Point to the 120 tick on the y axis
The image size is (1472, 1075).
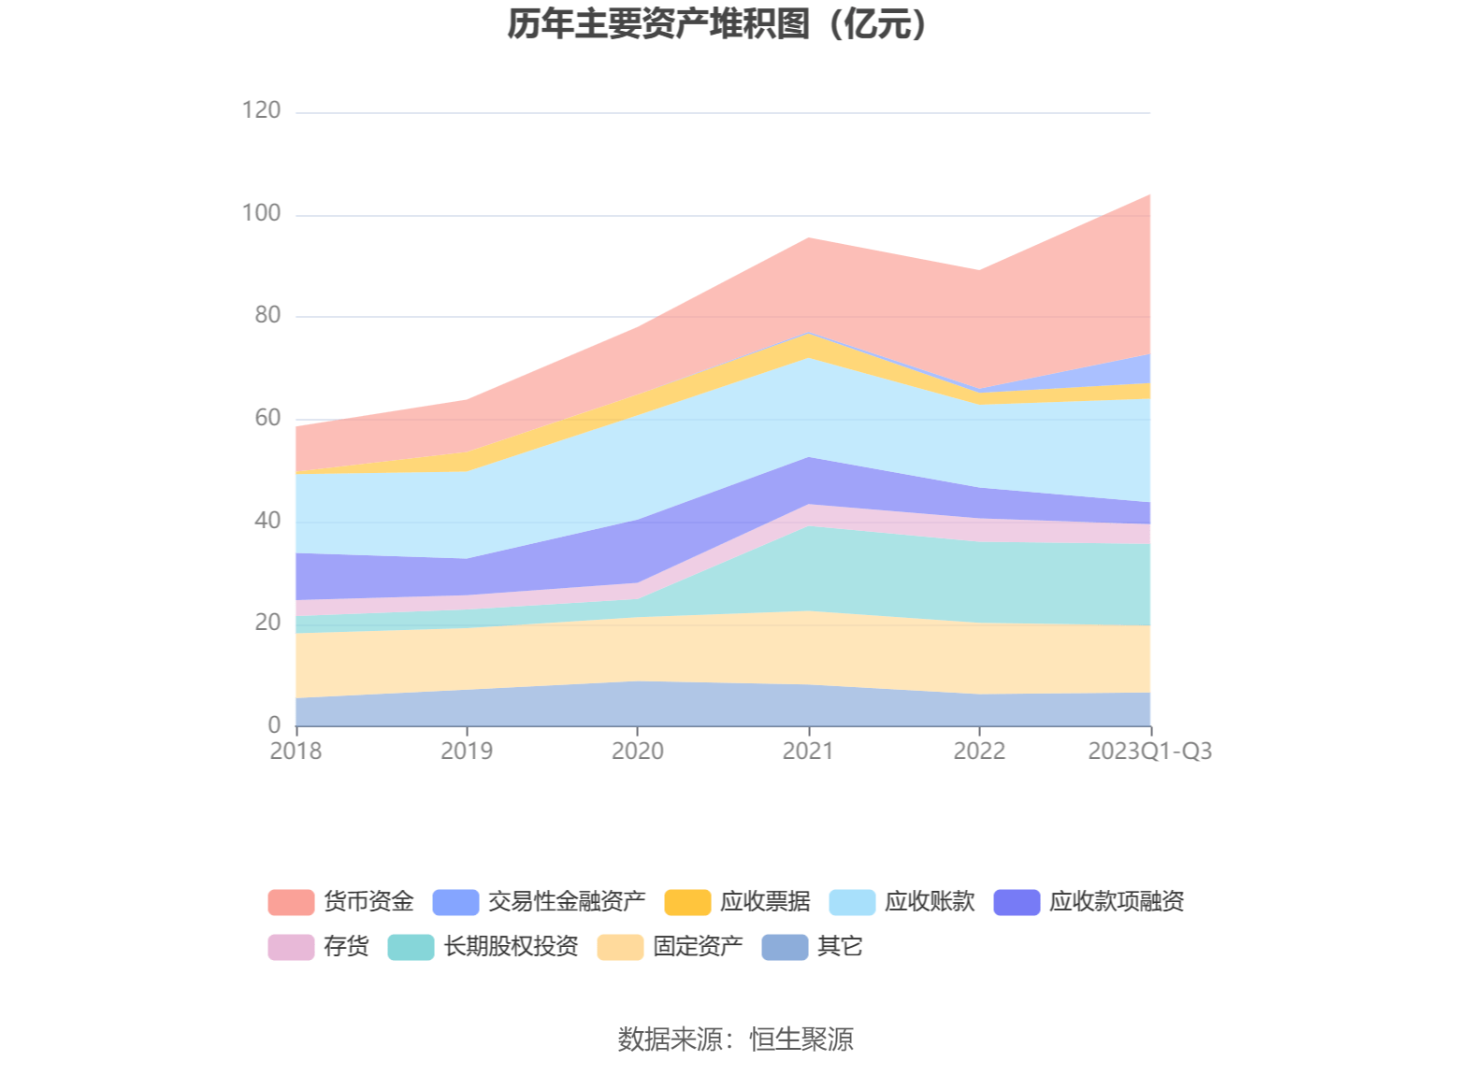[261, 110]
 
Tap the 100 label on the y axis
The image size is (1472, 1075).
[261, 213]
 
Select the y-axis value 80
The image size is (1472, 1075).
[267, 315]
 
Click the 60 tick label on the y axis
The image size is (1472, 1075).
[267, 418]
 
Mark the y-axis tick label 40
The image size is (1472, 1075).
[267, 520]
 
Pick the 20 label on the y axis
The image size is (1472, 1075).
[267, 623]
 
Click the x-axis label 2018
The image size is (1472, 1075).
[296, 752]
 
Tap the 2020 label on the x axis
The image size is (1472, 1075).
[638, 752]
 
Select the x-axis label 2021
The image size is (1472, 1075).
[808, 752]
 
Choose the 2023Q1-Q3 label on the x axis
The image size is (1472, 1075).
[1149, 752]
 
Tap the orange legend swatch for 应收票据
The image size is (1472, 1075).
[687, 902]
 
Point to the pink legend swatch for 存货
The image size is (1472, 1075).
[291, 947]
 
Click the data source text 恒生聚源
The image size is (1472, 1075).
[801, 1039]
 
